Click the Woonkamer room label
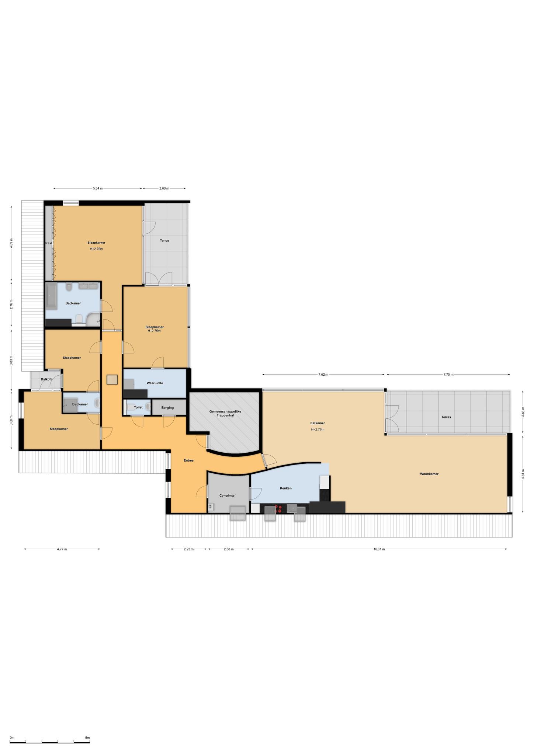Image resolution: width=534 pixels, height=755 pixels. point(429,474)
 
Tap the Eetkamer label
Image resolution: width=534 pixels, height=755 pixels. point(318,423)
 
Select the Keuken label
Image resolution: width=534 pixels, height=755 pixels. point(285,488)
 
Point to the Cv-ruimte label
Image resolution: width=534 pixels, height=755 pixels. point(227,495)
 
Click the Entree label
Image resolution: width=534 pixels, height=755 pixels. point(188,460)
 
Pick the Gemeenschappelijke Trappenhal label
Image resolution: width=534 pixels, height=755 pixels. point(225,413)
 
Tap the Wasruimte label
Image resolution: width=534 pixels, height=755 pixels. point(155,383)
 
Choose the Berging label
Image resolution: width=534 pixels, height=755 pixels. point(167,407)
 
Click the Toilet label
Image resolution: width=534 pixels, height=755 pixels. point(138,407)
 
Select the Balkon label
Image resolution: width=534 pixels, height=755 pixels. point(46,379)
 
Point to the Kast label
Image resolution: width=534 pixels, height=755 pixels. point(49,243)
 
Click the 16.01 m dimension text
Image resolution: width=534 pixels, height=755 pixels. point(379,549)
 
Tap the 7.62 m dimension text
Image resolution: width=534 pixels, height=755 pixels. point(323,375)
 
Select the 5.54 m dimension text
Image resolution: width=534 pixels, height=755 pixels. point(98,188)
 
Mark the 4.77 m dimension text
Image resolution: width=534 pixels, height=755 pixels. point(62,549)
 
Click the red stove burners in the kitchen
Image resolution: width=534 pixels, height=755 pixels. point(278,509)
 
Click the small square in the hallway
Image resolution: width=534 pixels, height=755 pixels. point(112,379)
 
